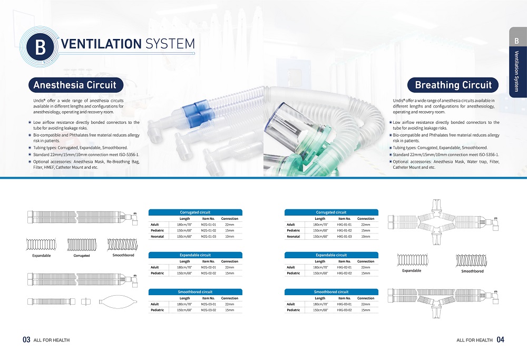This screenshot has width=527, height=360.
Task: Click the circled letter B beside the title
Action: point(40,47)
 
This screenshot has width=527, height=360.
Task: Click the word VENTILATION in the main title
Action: point(101,44)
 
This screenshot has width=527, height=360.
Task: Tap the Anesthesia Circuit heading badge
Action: point(75,85)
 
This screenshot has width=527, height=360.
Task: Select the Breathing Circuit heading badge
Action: point(453,85)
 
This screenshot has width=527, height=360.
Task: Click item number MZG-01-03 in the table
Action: point(208,237)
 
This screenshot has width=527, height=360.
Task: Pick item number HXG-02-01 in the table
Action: point(345,268)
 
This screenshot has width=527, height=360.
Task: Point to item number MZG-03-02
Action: point(208,310)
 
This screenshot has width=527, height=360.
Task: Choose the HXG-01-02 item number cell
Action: point(345,230)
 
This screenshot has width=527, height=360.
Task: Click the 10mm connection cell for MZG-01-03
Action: point(230,237)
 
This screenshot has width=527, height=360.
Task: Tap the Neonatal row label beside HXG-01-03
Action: point(294,237)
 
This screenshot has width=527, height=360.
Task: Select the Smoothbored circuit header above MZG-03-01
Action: point(196,292)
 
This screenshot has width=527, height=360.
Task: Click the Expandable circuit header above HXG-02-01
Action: point(331,255)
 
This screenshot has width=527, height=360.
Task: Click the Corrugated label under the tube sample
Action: point(82,256)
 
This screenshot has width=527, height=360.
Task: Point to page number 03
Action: point(26,340)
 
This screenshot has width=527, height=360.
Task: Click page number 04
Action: point(501,340)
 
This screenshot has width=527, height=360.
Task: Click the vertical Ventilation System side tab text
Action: point(517,72)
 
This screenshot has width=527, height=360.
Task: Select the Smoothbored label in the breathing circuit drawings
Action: point(472,271)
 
